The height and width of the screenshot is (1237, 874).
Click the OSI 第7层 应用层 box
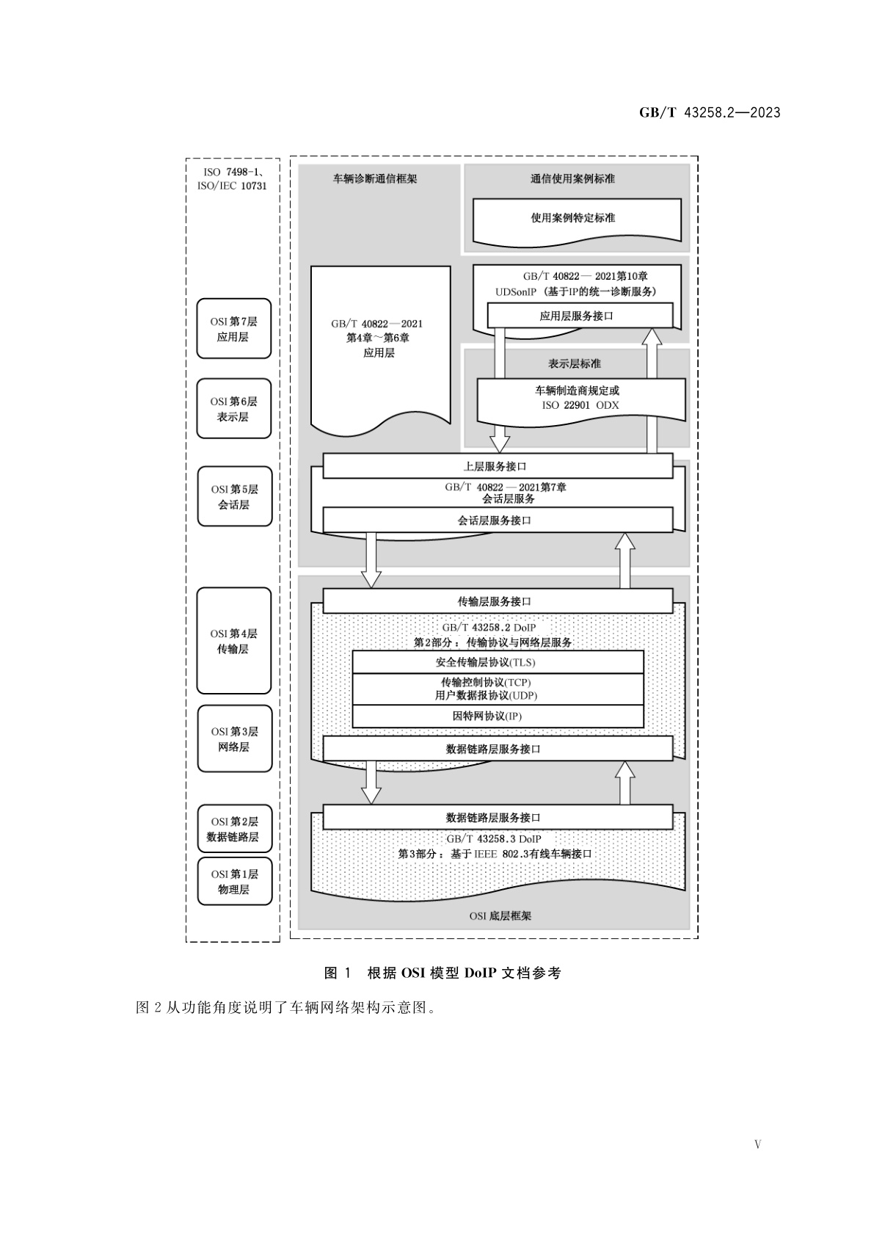(x=233, y=329)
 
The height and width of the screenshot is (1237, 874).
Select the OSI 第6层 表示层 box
(x=233, y=409)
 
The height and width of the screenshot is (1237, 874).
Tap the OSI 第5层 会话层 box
(x=233, y=497)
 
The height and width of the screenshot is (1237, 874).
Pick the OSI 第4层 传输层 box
(x=233, y=641)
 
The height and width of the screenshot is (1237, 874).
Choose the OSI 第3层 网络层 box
(x=233, y=739)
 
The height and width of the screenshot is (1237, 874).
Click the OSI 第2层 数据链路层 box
(x=233, y=829)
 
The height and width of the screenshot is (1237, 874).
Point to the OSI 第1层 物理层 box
(x=233, y=881)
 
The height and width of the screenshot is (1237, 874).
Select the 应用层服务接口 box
(x=580, y=316)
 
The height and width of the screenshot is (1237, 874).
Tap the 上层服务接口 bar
(x=498, y=466)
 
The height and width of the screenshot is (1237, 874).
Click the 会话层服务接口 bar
(x=498, y=520)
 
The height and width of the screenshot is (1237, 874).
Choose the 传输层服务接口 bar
(x=498, y=601)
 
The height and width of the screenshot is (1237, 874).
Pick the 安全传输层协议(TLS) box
(x=498, y=662)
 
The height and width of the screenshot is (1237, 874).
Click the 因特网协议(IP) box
(x=498, y=716)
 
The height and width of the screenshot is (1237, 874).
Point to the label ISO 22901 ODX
(x=580, y=405)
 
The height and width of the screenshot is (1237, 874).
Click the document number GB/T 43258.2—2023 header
(x=709, y=112)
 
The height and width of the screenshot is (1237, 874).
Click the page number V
(x=758, y=1144)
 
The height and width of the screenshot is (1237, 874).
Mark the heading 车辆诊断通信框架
(x=375, y=178)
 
